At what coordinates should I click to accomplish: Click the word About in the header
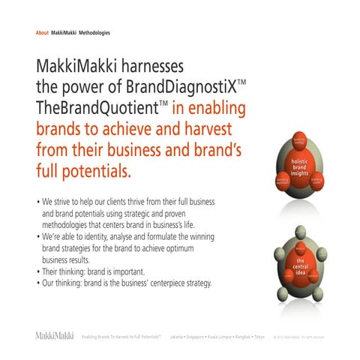click(42, 33)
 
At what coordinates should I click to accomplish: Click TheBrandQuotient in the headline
click(91, 109)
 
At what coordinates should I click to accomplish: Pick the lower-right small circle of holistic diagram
click(316, 181)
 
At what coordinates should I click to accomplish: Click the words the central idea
click(299, 266)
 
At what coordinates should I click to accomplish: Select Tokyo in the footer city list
click(259, 337)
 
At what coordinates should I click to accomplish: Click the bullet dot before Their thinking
click(38, 272)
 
